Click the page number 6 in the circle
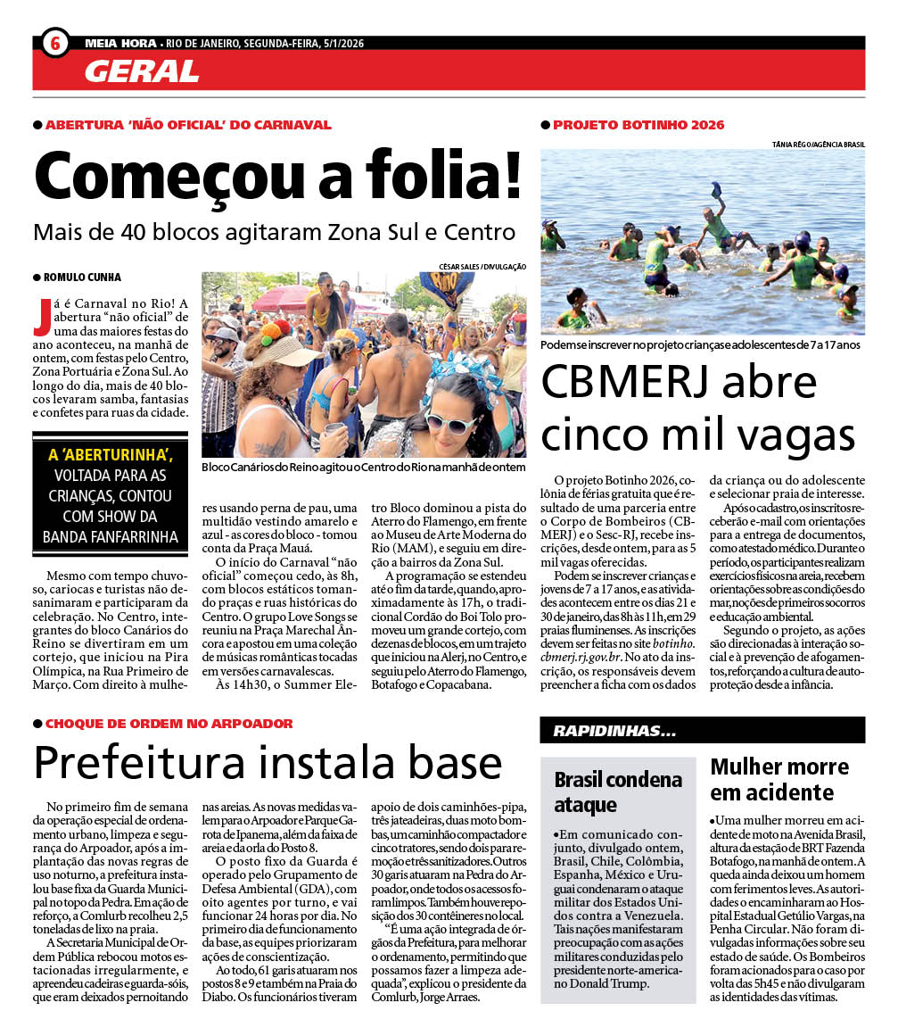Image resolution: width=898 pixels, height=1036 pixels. (54, 42)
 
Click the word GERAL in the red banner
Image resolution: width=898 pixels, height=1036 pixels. (142, 71)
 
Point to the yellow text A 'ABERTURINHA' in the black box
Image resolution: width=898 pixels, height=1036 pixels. (110, 455)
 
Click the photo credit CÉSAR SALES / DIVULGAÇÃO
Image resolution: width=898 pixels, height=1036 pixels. (482, 266)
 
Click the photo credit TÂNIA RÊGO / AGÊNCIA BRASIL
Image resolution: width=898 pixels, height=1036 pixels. (818, 144)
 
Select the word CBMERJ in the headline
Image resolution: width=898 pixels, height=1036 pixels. (628, 382)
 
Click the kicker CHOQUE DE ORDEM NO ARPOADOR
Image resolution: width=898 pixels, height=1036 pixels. (169, 723)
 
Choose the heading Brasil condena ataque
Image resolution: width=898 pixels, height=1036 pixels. (618, 792)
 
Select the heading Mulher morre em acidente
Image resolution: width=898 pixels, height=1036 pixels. (779, 779)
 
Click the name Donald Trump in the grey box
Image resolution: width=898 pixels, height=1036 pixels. (613, 983)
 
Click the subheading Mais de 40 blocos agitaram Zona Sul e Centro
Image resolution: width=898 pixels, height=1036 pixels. (274, 233)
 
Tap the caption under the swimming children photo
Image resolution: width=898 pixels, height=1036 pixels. (700, 344)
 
